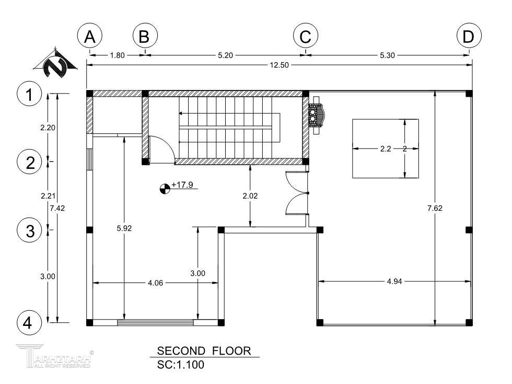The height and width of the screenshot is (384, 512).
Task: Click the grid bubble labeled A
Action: [x=90, y=36]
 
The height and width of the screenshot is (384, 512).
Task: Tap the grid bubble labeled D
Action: [x=469, y=36]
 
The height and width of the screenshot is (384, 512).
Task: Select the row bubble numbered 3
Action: [x=29, y=230]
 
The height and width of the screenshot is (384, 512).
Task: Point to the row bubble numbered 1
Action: [x=29, y=94]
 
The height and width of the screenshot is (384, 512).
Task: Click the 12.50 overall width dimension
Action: [x=279, y=65]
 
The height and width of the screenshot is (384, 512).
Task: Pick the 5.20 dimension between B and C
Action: [x=225, y=55]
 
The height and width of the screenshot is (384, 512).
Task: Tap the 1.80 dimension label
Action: [x=117, y=55]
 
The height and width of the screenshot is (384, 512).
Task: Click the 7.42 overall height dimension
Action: [x=57, y=208]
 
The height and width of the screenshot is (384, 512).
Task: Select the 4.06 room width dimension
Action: [x=156, y=283]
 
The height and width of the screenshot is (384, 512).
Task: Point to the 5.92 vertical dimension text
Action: [x=124, y=228]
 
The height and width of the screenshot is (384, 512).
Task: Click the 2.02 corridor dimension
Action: [x=250, y=196]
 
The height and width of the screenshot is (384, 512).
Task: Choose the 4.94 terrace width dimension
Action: [x=394, y=281]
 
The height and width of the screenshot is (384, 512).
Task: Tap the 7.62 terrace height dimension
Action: [x=435, y=208]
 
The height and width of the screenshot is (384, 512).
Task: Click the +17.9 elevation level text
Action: [x=182, y=185]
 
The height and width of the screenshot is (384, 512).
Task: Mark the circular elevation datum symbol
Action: [x=165, y=189]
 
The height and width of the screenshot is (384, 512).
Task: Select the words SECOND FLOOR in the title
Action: [x=204, y=351]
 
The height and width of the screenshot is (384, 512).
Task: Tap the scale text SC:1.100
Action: [x=181, y=364]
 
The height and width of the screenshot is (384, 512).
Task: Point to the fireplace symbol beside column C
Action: [x=316, y=115]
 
